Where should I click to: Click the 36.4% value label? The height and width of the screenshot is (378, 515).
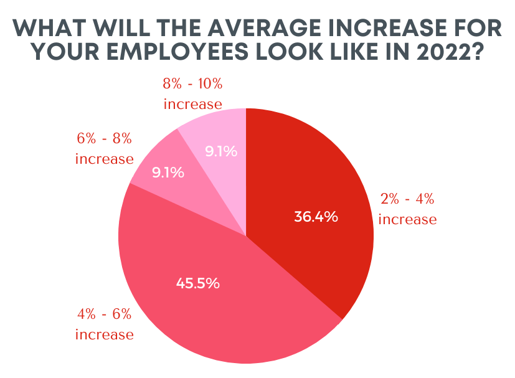(316, 217)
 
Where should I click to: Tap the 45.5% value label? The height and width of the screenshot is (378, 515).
(197, 283)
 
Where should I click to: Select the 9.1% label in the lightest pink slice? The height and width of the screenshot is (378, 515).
(221, 151)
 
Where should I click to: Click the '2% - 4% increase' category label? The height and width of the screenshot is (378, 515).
(407, 210)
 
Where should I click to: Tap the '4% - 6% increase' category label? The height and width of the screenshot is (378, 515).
(105, 324)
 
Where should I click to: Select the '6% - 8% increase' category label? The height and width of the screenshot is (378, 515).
(105, 148)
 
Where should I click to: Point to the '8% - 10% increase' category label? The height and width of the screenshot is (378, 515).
(192, 93)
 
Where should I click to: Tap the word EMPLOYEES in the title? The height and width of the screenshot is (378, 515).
(168, 53)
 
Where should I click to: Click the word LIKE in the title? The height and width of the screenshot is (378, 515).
(348, 53)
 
